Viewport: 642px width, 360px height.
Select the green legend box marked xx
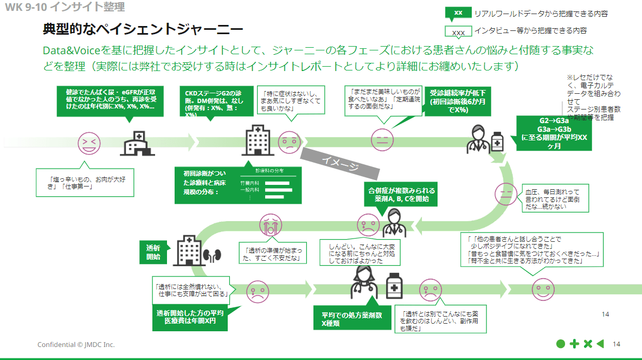tap(458, 13)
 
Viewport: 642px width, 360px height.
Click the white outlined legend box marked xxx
tap(458, 31)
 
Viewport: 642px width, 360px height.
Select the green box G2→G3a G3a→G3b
tap(553, 133)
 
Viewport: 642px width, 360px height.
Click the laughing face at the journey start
tap(89, 143)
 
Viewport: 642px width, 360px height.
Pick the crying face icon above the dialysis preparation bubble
tap(271, 223)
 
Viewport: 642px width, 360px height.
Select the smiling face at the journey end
tap(542, 288)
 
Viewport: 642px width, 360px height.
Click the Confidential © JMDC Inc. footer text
tap(76, 345)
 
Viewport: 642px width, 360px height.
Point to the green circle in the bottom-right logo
tap(561, 344)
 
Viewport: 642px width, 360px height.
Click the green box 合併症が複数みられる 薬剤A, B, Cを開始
tap(401, 195)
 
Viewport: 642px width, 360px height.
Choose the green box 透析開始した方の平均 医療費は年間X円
tap(189, 318)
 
